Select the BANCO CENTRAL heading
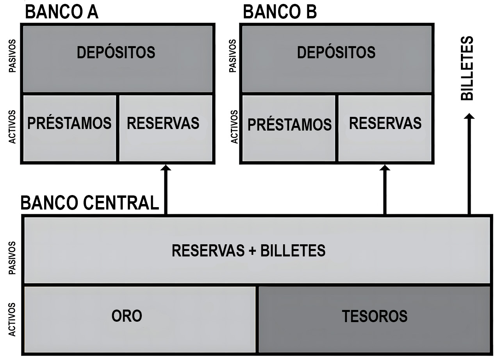tap(90, 203)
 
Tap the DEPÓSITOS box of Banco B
tap(336, 59)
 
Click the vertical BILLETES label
tap(467, 68)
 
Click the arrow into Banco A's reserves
tap(166, 189)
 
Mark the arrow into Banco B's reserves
tap(385, 189)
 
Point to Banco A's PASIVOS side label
tap(13, 56)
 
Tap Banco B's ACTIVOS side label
tap(234, 127)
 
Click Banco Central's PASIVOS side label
tap(13, 258)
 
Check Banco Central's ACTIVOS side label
tap(13, 319)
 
